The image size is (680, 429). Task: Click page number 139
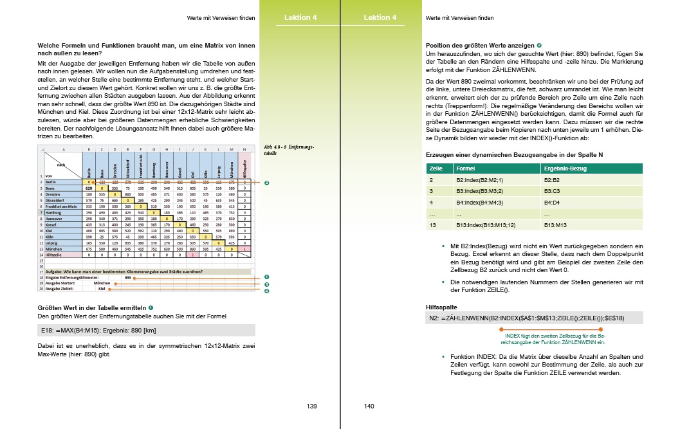click(x=312, y=406)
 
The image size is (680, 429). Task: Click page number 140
click(x=369, y=406)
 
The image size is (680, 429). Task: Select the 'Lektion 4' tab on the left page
click(x=300, y=17)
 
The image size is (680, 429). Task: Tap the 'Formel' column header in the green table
click(x=463, y=169)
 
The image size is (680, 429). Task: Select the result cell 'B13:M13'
click(x=555, y=225)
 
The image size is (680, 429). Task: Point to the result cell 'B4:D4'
click(x=553, y=203)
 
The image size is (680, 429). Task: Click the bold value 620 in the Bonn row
click(x=89, y=188)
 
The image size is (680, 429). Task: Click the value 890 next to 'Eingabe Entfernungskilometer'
click(x=129, y=277)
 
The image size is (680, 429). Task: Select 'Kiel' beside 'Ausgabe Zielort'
click(x=102, y=289)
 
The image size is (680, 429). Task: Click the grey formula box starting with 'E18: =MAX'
click(x=147, y=330)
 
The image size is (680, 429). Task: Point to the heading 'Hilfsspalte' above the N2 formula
click(x=441, y=306)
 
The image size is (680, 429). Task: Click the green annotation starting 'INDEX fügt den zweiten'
click(x=556, y=339)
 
